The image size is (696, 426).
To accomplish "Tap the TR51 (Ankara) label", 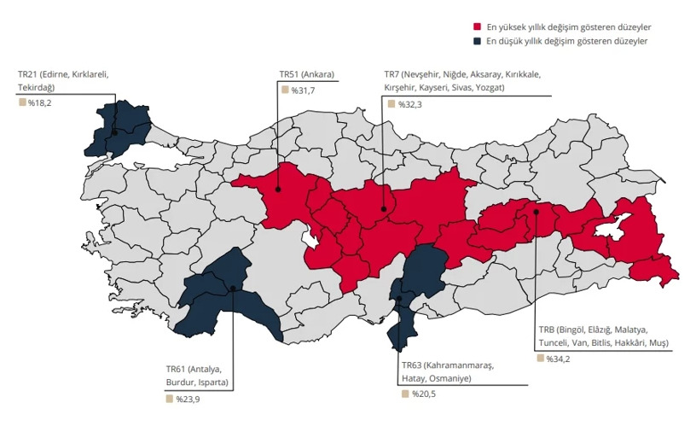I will click(x=307, y=74).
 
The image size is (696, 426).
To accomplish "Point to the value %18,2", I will click(x=40, y=102).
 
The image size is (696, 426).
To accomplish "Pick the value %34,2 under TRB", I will click(x=559, y=358).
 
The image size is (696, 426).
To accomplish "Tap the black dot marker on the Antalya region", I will click(x=232, y=289).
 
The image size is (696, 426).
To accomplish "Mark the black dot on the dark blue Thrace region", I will click(x=114, y=131).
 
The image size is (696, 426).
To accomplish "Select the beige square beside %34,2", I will click(x=541, y=358).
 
